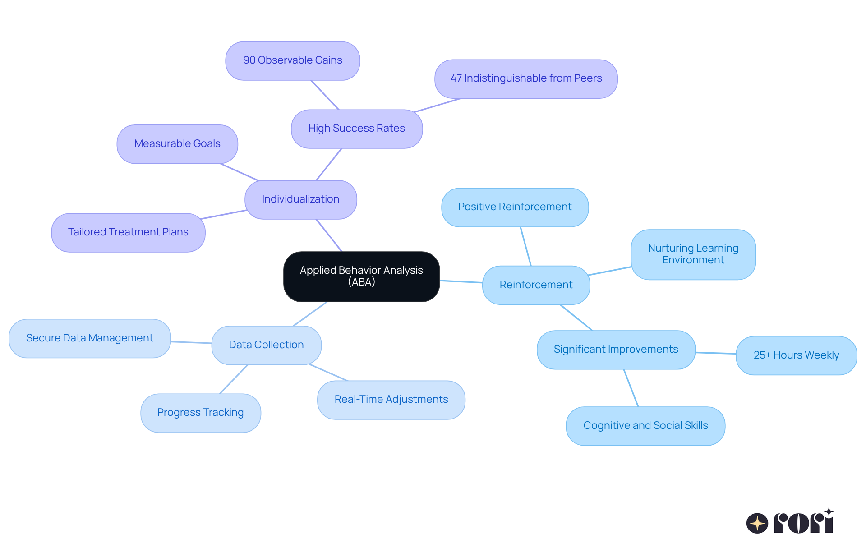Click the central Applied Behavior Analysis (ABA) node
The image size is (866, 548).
click(x=361, y=276)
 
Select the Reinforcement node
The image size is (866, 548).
click(x=536, y=285)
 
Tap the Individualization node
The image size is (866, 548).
click(x=300, y=199)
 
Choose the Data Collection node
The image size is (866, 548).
click(x=266, y=345)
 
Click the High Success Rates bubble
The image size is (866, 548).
click(x=356, y=129)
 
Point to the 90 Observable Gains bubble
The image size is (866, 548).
click(x=292, y=60)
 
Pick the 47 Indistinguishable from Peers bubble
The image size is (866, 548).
click(x=526, y=78)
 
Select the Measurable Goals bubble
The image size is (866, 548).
click(x=177, y=144)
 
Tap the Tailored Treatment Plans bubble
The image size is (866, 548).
click(x=128, y=232)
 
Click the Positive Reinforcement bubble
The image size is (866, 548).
click(x=515, y=207)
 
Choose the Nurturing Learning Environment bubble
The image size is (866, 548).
click(x=693, y=254)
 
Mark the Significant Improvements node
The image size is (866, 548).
click(x=616, y=350)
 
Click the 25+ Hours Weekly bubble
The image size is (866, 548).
click(x=796, y=355)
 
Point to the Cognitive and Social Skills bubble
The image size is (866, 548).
click(x=645, y=426)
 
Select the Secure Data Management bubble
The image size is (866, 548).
click(x=89, y=338)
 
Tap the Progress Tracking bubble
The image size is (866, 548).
click(x=200, y=413)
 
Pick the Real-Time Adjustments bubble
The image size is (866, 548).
click(x=391, y=400)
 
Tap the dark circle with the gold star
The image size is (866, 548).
click(x=757, y=523)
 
